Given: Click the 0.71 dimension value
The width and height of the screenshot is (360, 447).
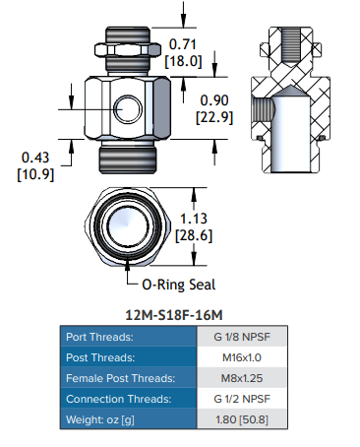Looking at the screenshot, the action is click(182, 44).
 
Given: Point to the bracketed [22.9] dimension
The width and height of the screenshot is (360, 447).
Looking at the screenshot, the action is click(214, 117).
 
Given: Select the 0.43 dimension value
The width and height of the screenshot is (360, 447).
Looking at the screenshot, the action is click(35, 158).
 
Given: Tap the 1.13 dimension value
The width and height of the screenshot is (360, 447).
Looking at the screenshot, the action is click(194, 219).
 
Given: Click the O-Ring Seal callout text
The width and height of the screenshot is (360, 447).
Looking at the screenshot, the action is click(179, 285).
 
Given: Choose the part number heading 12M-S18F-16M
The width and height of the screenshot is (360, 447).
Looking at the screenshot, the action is click(174, 315).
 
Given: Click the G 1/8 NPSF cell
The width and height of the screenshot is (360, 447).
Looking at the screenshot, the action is click(242, 337).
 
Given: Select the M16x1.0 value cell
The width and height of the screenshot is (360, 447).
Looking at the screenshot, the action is click(242, 357).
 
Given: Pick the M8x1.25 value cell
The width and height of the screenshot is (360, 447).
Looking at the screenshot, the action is click(242, 378).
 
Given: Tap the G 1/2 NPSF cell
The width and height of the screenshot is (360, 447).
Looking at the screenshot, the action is click(242, 399).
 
